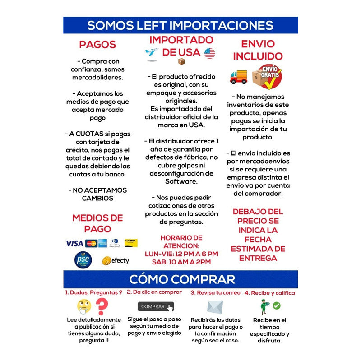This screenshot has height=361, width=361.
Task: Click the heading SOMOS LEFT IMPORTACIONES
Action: click(180, 25)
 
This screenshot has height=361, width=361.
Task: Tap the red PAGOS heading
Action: click(97, 45)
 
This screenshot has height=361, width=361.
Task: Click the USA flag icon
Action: click(209, 53)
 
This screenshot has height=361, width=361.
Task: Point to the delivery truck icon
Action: click(239, 77)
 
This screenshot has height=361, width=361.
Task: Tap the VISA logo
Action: click(74, 243)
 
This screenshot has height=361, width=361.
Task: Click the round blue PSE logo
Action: click(83, 259)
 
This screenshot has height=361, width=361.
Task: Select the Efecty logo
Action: click(116, 260)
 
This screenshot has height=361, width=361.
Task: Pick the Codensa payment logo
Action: click(131, 243)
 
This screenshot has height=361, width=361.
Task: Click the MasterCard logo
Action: click(91, 243)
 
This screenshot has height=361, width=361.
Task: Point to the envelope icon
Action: click(215, 307)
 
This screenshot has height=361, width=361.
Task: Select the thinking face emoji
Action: click(84, 306)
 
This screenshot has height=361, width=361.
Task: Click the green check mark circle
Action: click(277, 305)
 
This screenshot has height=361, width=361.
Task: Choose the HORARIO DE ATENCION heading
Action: click(181, 241)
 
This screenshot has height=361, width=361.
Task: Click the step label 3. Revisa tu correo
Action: click(215, 293)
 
